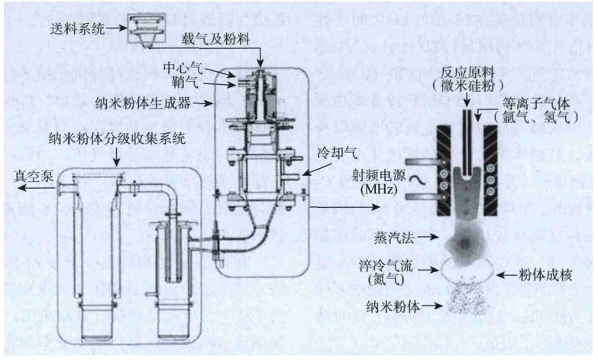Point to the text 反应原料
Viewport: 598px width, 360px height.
coord(464,66)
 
